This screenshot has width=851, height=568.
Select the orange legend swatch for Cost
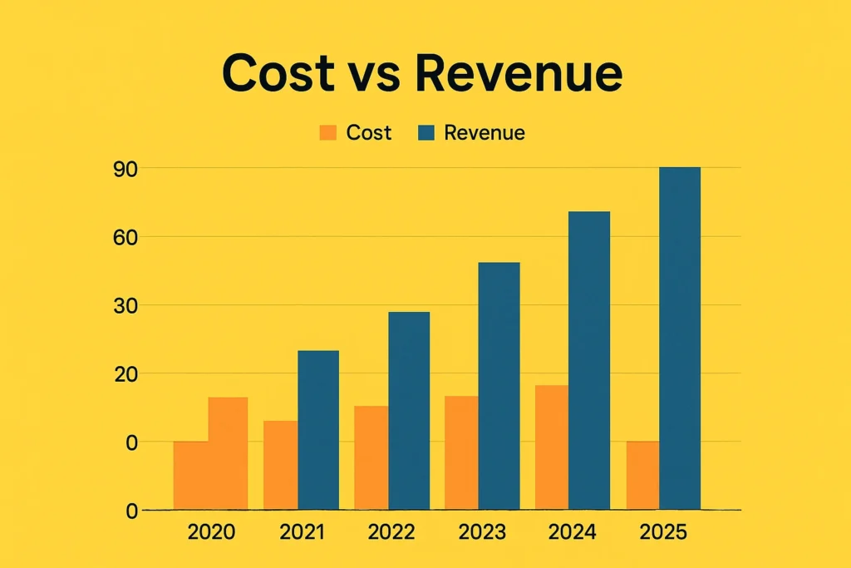point(328,133)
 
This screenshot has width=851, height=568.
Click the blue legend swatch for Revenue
point(426,133)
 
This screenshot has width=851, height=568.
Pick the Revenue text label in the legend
point(485,133)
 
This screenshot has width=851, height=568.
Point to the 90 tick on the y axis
point(125,169)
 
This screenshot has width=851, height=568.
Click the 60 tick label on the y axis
point(125,237)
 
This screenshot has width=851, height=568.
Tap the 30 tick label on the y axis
point(125,306)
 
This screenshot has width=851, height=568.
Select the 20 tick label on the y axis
point(125,374)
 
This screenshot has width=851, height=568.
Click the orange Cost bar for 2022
point(371,457)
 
